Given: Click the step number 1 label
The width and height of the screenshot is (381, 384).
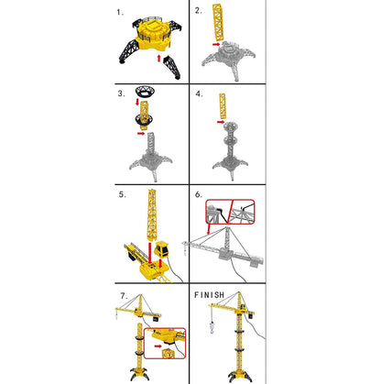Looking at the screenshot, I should (x=121, y=13).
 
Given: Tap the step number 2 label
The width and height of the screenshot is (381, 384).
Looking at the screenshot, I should (x=200, y=12).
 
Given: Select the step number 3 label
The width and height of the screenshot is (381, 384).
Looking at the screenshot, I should (x=121, y=94).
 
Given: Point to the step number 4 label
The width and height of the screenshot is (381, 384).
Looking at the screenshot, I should (x=200, y=94).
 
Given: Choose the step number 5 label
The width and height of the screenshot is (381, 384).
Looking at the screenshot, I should (x=121, y=195).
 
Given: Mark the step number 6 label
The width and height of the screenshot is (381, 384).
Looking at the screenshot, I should (x=200, y=195).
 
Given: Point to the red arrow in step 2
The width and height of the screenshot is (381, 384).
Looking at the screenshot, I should (x=213, y=41).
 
